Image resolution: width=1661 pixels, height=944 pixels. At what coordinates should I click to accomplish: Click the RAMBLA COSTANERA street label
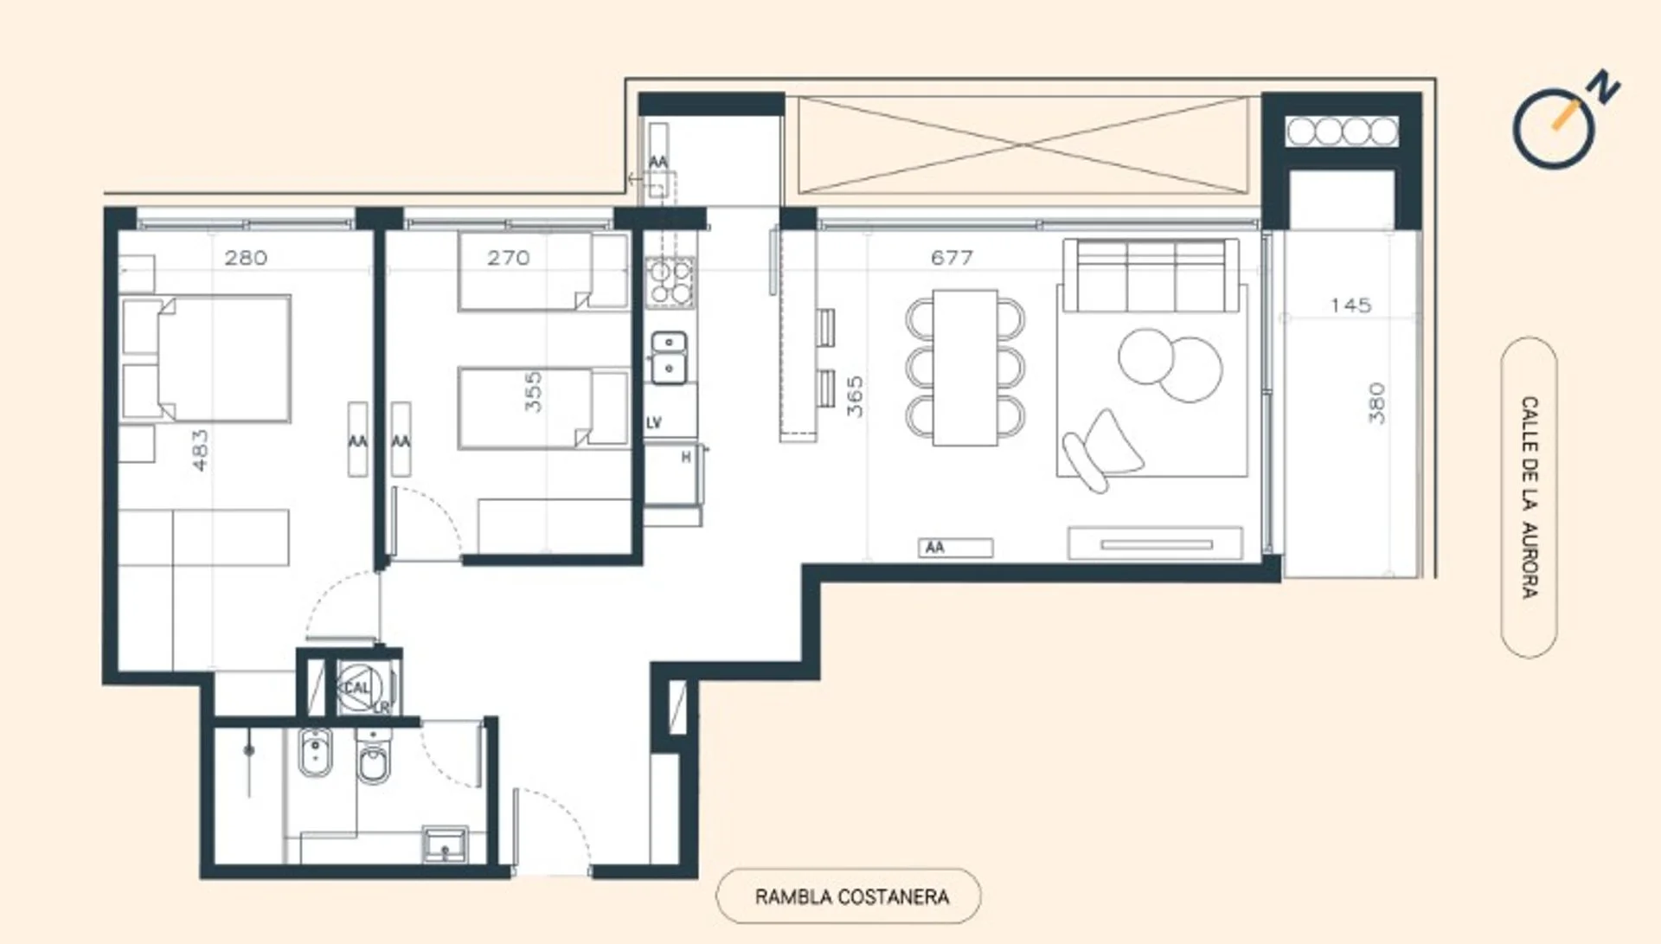pos(851,896)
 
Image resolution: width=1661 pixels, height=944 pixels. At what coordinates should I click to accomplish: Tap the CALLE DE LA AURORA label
pos(1530,498)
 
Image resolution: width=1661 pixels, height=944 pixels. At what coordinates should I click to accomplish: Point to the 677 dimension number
pos(952,258)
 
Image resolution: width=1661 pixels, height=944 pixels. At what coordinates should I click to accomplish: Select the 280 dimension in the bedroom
pos(246,258)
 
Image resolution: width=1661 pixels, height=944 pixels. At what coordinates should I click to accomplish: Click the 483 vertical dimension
pos(200,451)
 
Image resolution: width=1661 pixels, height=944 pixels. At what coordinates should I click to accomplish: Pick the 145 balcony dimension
pos(1350,305)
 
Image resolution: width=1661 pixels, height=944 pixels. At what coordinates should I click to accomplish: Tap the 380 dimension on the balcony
pos(1376,403)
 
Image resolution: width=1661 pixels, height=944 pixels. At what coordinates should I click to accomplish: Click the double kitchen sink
pos(669,357)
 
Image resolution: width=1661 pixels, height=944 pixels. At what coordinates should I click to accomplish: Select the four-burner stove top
pos(670,282)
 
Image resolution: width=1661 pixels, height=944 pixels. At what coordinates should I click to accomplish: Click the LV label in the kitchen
pos(654,423)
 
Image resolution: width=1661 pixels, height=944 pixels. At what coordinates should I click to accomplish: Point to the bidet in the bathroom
pos(315,753)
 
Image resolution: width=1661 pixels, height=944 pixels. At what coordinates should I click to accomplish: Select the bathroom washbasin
pos(445,844)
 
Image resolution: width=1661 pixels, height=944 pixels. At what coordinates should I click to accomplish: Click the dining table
pos(965,368)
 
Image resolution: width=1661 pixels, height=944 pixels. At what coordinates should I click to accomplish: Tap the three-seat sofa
pos(1151,275)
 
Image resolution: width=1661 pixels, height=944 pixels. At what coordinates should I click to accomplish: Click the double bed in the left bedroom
pos(205,358)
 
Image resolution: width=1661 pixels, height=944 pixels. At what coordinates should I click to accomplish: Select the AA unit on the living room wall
pos(955,548)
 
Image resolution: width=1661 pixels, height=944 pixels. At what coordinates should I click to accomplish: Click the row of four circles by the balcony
pos(1342,132)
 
